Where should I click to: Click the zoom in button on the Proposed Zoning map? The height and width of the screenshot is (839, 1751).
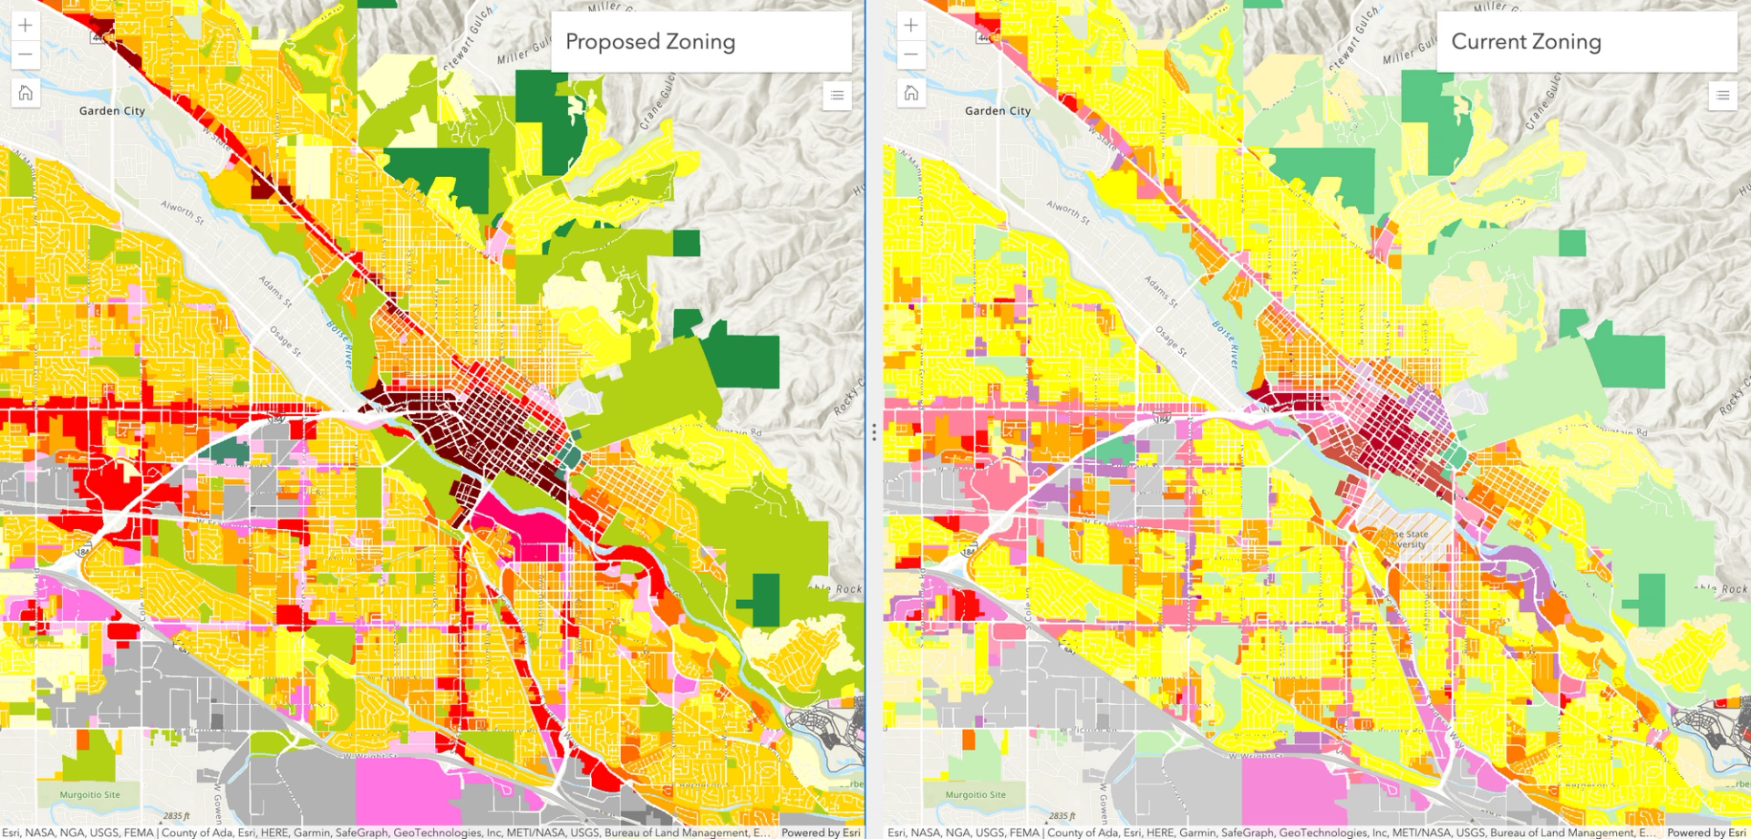pos(26,26)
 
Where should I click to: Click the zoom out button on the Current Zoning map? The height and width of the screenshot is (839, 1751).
pos(911,55)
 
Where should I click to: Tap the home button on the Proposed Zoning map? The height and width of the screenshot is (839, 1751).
pos(26,93)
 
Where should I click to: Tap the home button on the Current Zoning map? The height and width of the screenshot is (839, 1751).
pos(911,93)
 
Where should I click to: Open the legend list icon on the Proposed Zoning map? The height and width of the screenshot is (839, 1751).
pos(836,95)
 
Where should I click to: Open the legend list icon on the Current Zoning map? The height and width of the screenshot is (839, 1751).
pos(1722,95)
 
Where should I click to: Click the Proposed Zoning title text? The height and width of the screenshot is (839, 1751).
pos(649,42)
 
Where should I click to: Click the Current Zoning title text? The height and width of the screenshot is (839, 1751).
pos(1526,42)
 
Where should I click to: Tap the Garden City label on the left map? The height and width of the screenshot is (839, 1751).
pos(112,111)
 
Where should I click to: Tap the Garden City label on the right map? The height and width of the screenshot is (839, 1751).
pos(998,111)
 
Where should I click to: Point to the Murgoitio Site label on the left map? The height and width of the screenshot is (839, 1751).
pos(89,795)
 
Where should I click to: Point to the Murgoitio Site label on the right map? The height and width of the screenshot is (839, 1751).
pos(975,795)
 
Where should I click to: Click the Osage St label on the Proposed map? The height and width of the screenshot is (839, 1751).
pos(284,338)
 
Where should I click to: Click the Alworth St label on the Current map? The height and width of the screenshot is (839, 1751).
pos(1068,212)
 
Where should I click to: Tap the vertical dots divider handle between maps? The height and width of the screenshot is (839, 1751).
pos(874,431)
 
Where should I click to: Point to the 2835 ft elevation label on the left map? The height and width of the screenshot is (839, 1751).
pos(176,816)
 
